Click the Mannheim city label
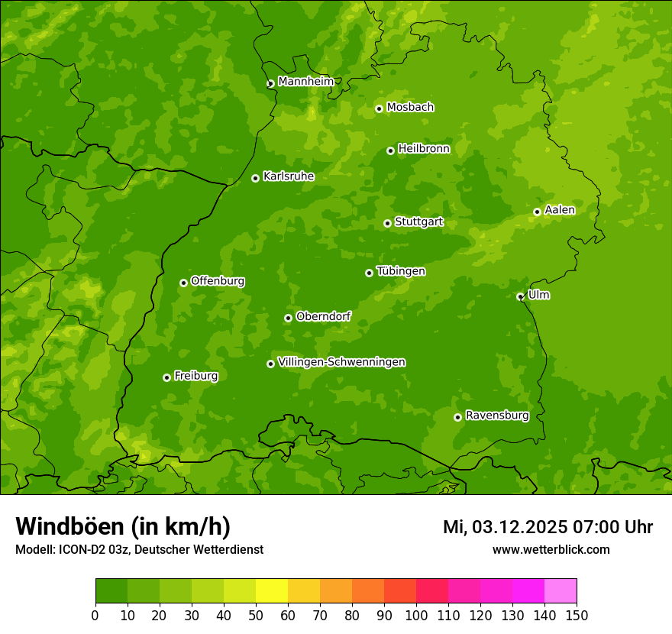point(305,82)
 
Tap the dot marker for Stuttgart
point(387,223)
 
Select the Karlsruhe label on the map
point(288,176)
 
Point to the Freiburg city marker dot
point(166,377)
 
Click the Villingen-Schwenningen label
point(341,362)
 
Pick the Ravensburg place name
point(496,416)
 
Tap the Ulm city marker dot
point(520,296)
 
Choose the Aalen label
point(559,210)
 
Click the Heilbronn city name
point(424,149)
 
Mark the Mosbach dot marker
point(379,108)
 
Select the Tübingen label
point(400,271)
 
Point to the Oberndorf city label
point(323,316)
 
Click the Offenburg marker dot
point(183,283)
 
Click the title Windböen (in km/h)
point(123,526)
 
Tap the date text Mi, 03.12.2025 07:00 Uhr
point(548,527)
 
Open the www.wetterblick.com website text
point(551,549)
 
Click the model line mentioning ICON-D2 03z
point(139,549)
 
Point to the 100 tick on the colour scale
point(416,615)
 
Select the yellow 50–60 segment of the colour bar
point(272,591)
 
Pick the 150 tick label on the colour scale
point(577,615)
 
